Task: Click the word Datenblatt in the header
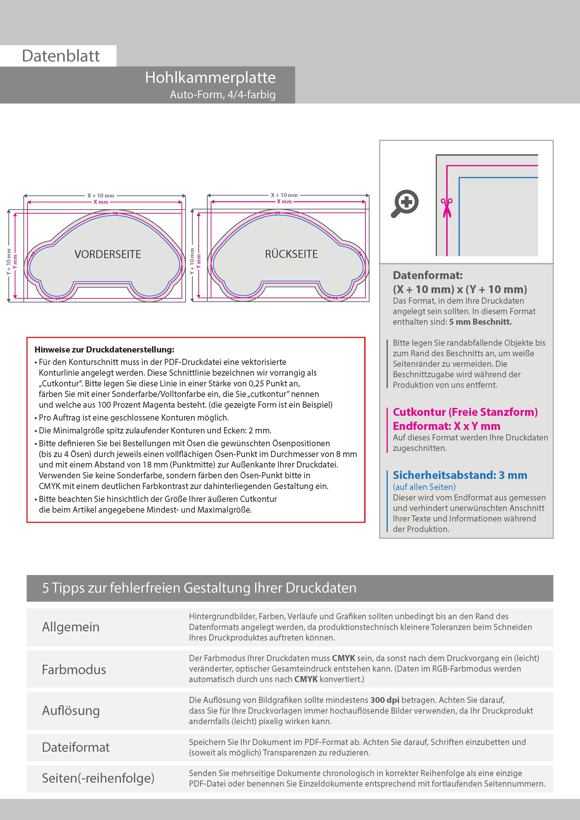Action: (61, 56)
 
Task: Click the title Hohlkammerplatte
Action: (210, 78)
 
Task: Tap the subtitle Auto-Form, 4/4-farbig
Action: (223, 95)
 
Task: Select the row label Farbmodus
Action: (74, 669)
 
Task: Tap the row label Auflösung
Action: (71, 710)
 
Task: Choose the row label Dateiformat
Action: (76, 747)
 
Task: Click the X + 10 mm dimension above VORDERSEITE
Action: (101, 196)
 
